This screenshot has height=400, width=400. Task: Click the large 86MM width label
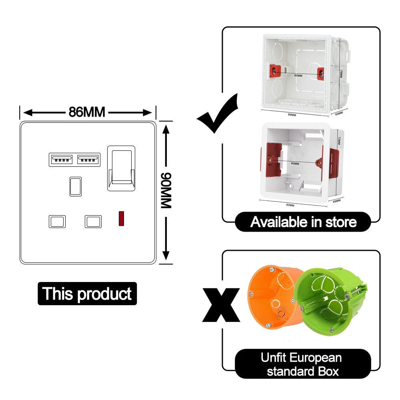click(x=87, y=112)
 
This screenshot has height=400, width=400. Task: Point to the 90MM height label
click(x=166, y=190)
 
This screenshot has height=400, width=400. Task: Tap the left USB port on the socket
click(x=61, y=160)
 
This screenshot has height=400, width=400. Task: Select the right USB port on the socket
click(x=89, y=160)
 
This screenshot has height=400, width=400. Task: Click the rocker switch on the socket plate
click(x=121, y=168)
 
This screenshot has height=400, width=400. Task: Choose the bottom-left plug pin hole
click(x=57, y=221)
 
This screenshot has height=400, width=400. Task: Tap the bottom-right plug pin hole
click(x=93, y=221)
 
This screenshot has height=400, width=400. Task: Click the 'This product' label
click(x=87, y=294)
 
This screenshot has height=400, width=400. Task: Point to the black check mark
click(x=218, y=113)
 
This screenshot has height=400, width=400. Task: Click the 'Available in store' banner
click(x=303, y=222)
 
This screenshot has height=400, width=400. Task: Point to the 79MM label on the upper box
click(x=340, y=74)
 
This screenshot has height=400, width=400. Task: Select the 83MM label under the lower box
click(x=290, y=205)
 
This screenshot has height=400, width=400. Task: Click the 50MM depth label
click(x=340, y=113)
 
